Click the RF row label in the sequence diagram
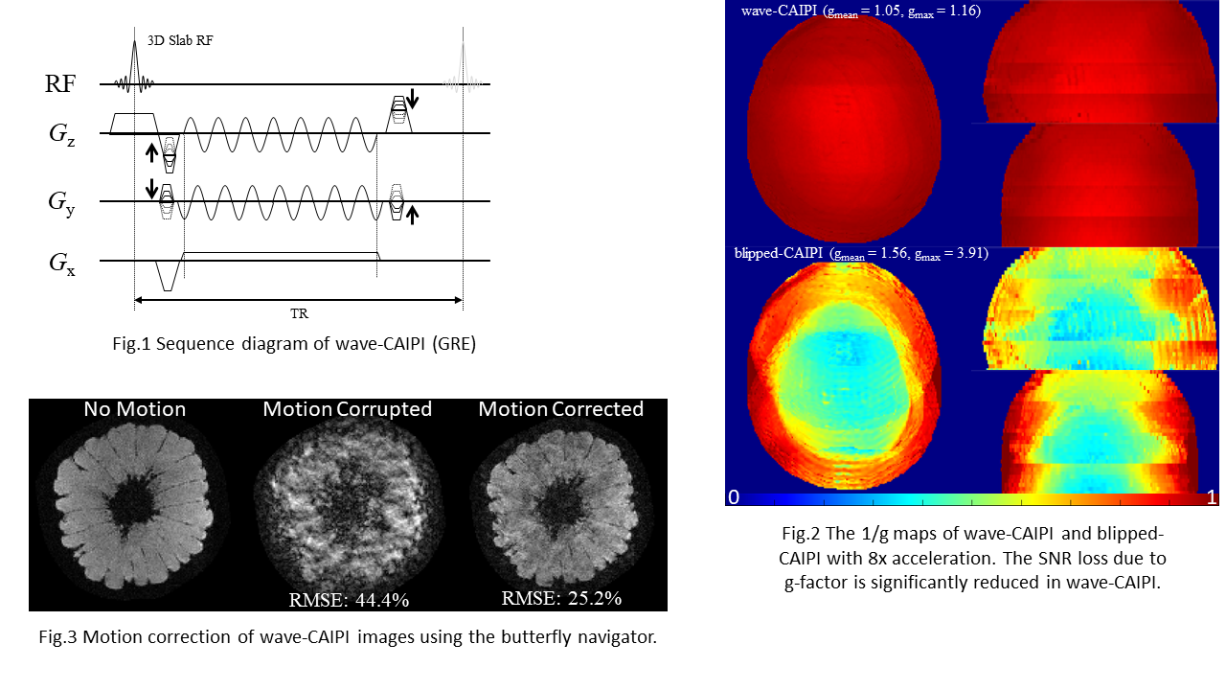[59, 83]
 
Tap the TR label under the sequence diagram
[299, 313]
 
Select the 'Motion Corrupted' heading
[348, 409]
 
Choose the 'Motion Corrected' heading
[560, 409]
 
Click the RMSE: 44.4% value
[349, 600]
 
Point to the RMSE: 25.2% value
[561, 598]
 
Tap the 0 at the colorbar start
[733, 496]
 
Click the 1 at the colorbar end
[1212, 496]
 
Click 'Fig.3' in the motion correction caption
[58, 636]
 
